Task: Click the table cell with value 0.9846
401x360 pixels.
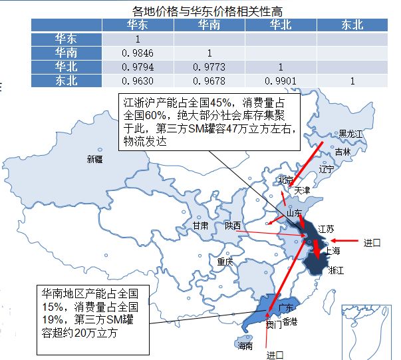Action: tap(137, 52)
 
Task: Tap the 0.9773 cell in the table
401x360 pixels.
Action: tap(209, 67)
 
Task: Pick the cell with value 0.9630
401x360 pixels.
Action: tap(137, 81)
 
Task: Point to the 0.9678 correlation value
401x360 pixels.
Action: tap(209, 81)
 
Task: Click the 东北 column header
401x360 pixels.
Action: tap(352, 25)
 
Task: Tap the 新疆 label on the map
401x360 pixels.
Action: tap(95, 159)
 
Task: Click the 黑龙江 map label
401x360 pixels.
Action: tap(351, 134)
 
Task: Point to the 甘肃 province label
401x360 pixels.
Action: tap(200, 226)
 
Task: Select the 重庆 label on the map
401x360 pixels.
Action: tap(225, 262)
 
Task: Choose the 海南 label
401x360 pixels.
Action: tap(245, 345)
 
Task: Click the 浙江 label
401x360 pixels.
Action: tap(336, 270)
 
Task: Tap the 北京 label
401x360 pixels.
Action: tap(285, 180)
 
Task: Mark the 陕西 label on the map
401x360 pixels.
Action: tap(233, 225)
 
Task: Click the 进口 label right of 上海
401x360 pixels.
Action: tap(372, 243)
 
